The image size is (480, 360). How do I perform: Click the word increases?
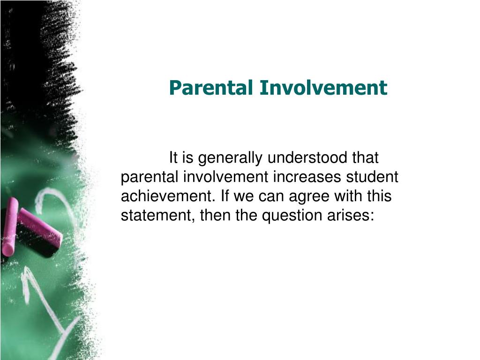click(x=306, y=177)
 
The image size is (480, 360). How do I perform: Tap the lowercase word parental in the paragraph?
click(x=150, y=177)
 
